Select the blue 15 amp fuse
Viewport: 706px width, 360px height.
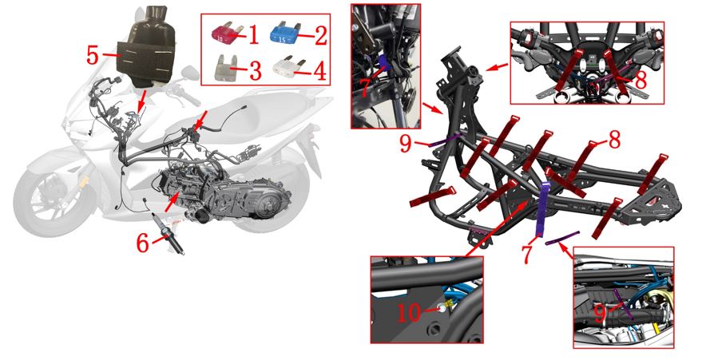coord(284,33)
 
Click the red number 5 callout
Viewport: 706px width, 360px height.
coord(93,55)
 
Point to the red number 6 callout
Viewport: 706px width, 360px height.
coord(143,243)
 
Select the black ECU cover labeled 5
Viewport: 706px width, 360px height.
coord(145,48)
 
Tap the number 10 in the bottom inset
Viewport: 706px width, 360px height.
coord(409,313)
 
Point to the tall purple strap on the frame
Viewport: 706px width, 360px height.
coord(541,209)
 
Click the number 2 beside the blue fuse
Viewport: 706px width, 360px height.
coord(321,35)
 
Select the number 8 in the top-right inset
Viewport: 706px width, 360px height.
coord(641,80)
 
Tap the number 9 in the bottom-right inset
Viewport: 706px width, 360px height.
coord(600,314)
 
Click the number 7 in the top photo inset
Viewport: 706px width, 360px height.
coord(366,87)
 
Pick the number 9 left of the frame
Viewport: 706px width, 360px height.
coord(406,144)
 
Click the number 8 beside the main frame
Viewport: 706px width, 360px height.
coord(615,140)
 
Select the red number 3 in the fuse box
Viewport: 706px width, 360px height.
coord(256,71)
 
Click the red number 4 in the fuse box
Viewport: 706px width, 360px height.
coord(319,71)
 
